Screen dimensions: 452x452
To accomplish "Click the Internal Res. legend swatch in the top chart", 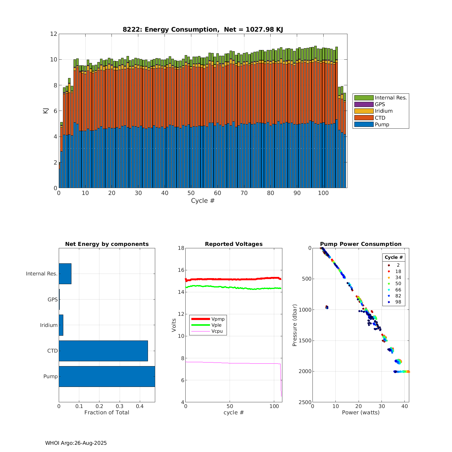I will [x=364, y=98].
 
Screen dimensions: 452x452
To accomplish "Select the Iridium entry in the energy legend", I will [x=383, y=111].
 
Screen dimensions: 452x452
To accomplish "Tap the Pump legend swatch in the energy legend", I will [x=364, y=124].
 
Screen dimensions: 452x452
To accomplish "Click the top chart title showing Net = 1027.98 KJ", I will [x=203, y=30].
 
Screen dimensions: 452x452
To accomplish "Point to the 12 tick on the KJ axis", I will [x=54, y=34].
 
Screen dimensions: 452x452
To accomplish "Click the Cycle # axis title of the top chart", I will [x=203, y=201].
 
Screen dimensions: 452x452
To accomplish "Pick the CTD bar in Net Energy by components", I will [x=103, y=351].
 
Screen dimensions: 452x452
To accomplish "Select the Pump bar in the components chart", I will [x=107, y=376].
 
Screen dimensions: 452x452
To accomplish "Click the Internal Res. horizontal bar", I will [x=65, y=274].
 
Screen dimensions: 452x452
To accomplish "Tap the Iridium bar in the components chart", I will [x=61, y=325].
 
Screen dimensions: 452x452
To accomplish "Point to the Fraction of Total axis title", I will [x=107, y=413].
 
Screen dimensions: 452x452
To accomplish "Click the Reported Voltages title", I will [x=234, y=244].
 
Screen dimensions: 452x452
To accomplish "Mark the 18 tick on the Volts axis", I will [x=181, y=248].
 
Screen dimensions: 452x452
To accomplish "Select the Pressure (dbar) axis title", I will [x=295, y=325].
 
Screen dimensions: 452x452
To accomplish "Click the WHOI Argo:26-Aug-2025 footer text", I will [x=76, y=443].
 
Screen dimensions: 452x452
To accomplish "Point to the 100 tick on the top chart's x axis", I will [x=323, y=193].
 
